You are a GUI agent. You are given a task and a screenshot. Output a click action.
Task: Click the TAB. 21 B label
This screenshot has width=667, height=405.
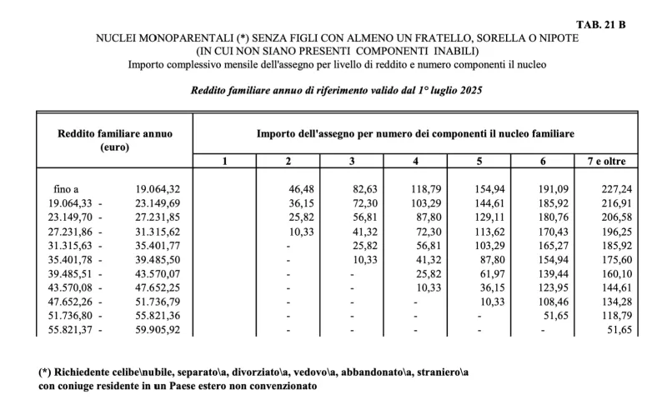click(x=601, y=24)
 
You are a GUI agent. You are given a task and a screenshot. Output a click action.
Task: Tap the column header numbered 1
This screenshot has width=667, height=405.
click(x=224, y=160)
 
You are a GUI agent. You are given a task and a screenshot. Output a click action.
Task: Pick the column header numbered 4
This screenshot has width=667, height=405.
click(x=416, y=160)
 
